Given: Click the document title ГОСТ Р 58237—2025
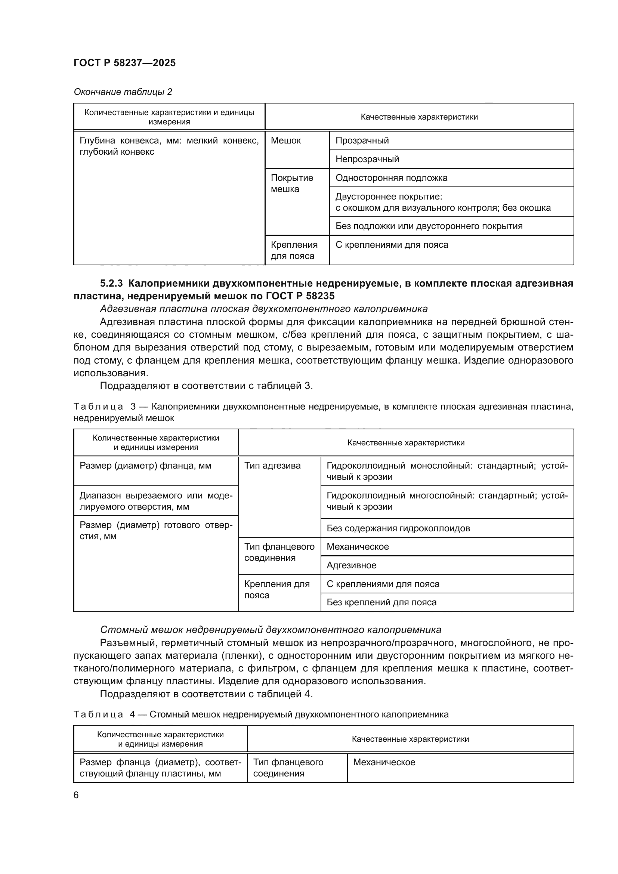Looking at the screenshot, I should (124, 63).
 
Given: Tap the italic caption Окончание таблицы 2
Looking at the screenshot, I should (123, 92).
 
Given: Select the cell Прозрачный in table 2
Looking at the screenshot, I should (362, 140).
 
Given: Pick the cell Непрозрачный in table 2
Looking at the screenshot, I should (367, 159).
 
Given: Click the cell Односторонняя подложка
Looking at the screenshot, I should (391, 178).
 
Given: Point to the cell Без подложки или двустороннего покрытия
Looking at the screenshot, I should (429, 226).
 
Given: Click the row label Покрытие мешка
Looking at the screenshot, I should (292, 183).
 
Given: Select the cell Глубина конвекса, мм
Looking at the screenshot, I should (169, 146).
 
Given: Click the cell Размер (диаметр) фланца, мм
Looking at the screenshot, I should (145, 466).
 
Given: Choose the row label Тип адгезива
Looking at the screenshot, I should (272, 466).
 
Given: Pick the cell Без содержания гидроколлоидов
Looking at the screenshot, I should (398, 528).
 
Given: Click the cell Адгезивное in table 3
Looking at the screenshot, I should (351, 565).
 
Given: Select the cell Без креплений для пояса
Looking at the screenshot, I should (381, 602).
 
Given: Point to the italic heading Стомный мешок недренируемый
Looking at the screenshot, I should (270, 630).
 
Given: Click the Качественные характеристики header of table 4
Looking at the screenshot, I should (410, 739).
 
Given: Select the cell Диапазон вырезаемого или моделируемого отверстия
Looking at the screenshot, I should (156, 501).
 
